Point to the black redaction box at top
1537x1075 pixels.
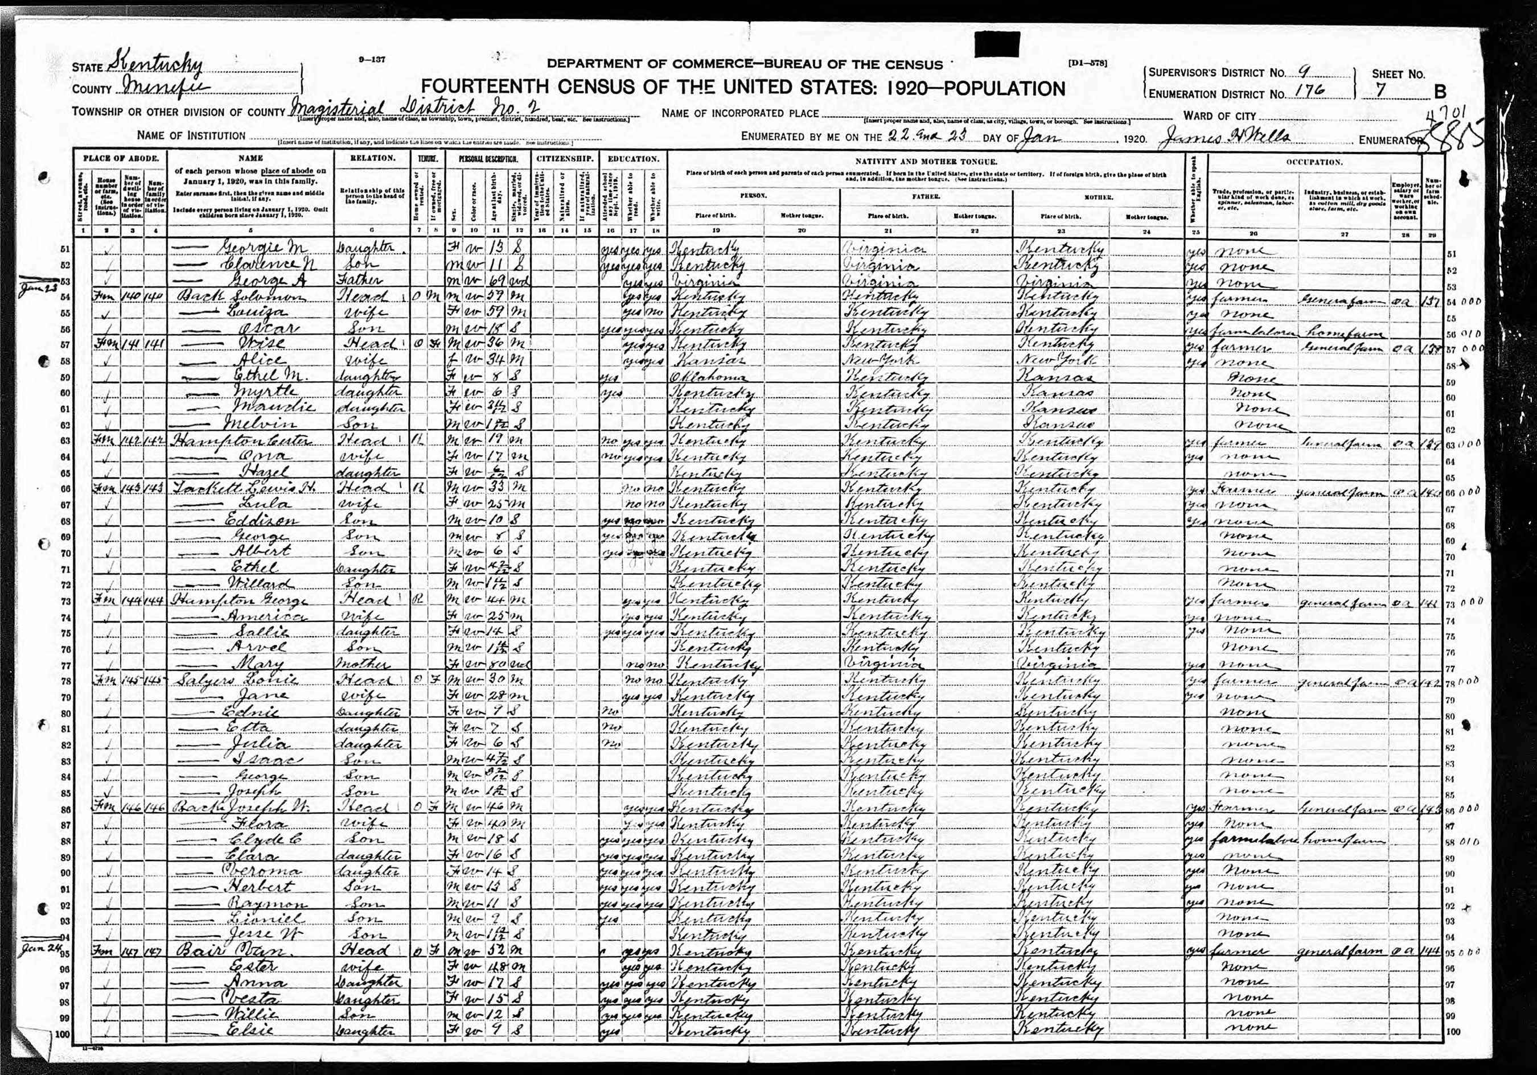click(998, 44)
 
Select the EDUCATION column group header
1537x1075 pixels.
click(632, 159)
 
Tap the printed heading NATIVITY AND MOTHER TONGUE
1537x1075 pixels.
click(926, 162)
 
